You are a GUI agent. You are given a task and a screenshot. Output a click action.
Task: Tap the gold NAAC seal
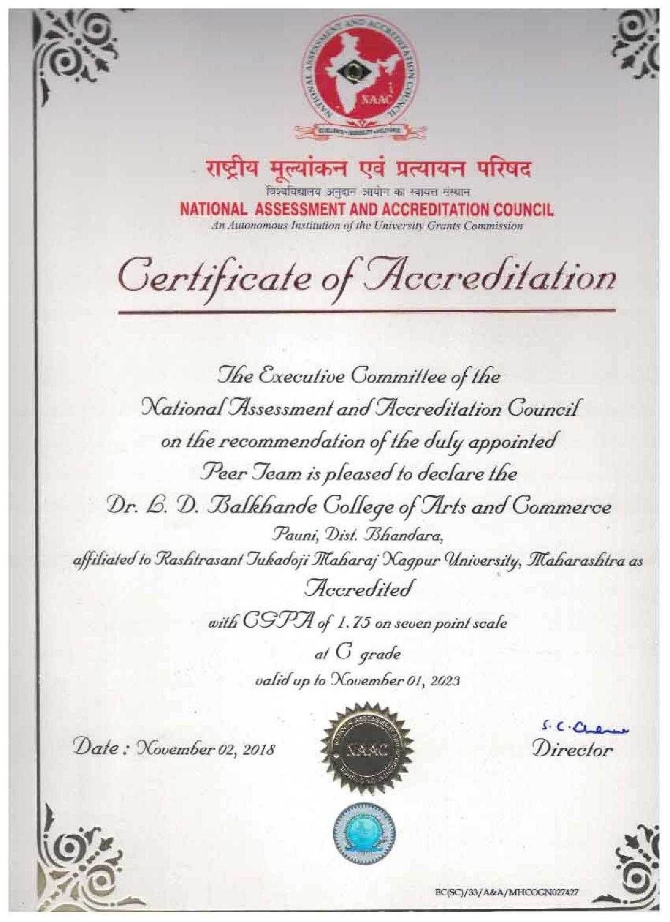point(366,749)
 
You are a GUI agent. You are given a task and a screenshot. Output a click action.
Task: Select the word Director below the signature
point(573,749)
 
